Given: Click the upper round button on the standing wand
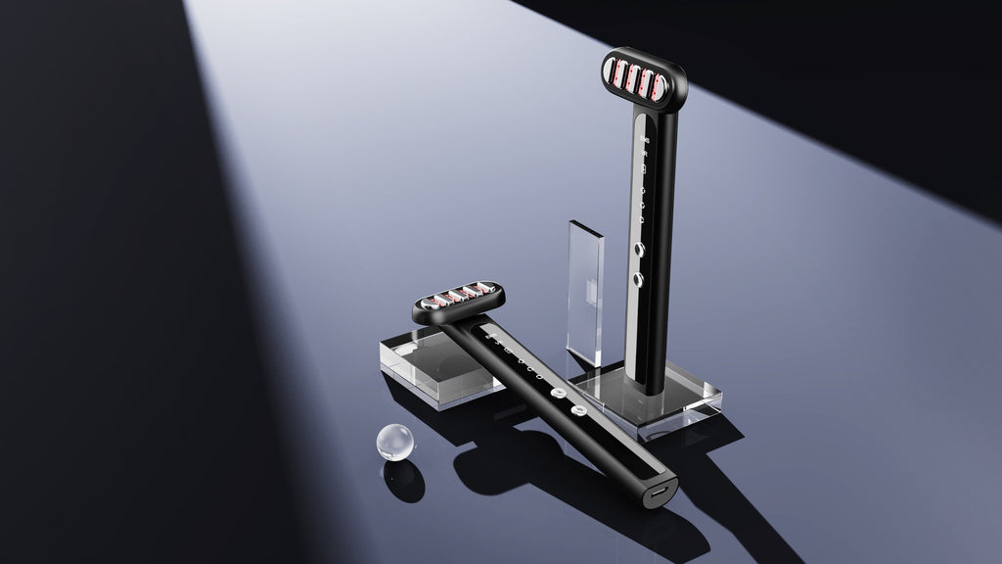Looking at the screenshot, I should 640,250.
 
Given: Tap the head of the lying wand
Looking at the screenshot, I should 459,301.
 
